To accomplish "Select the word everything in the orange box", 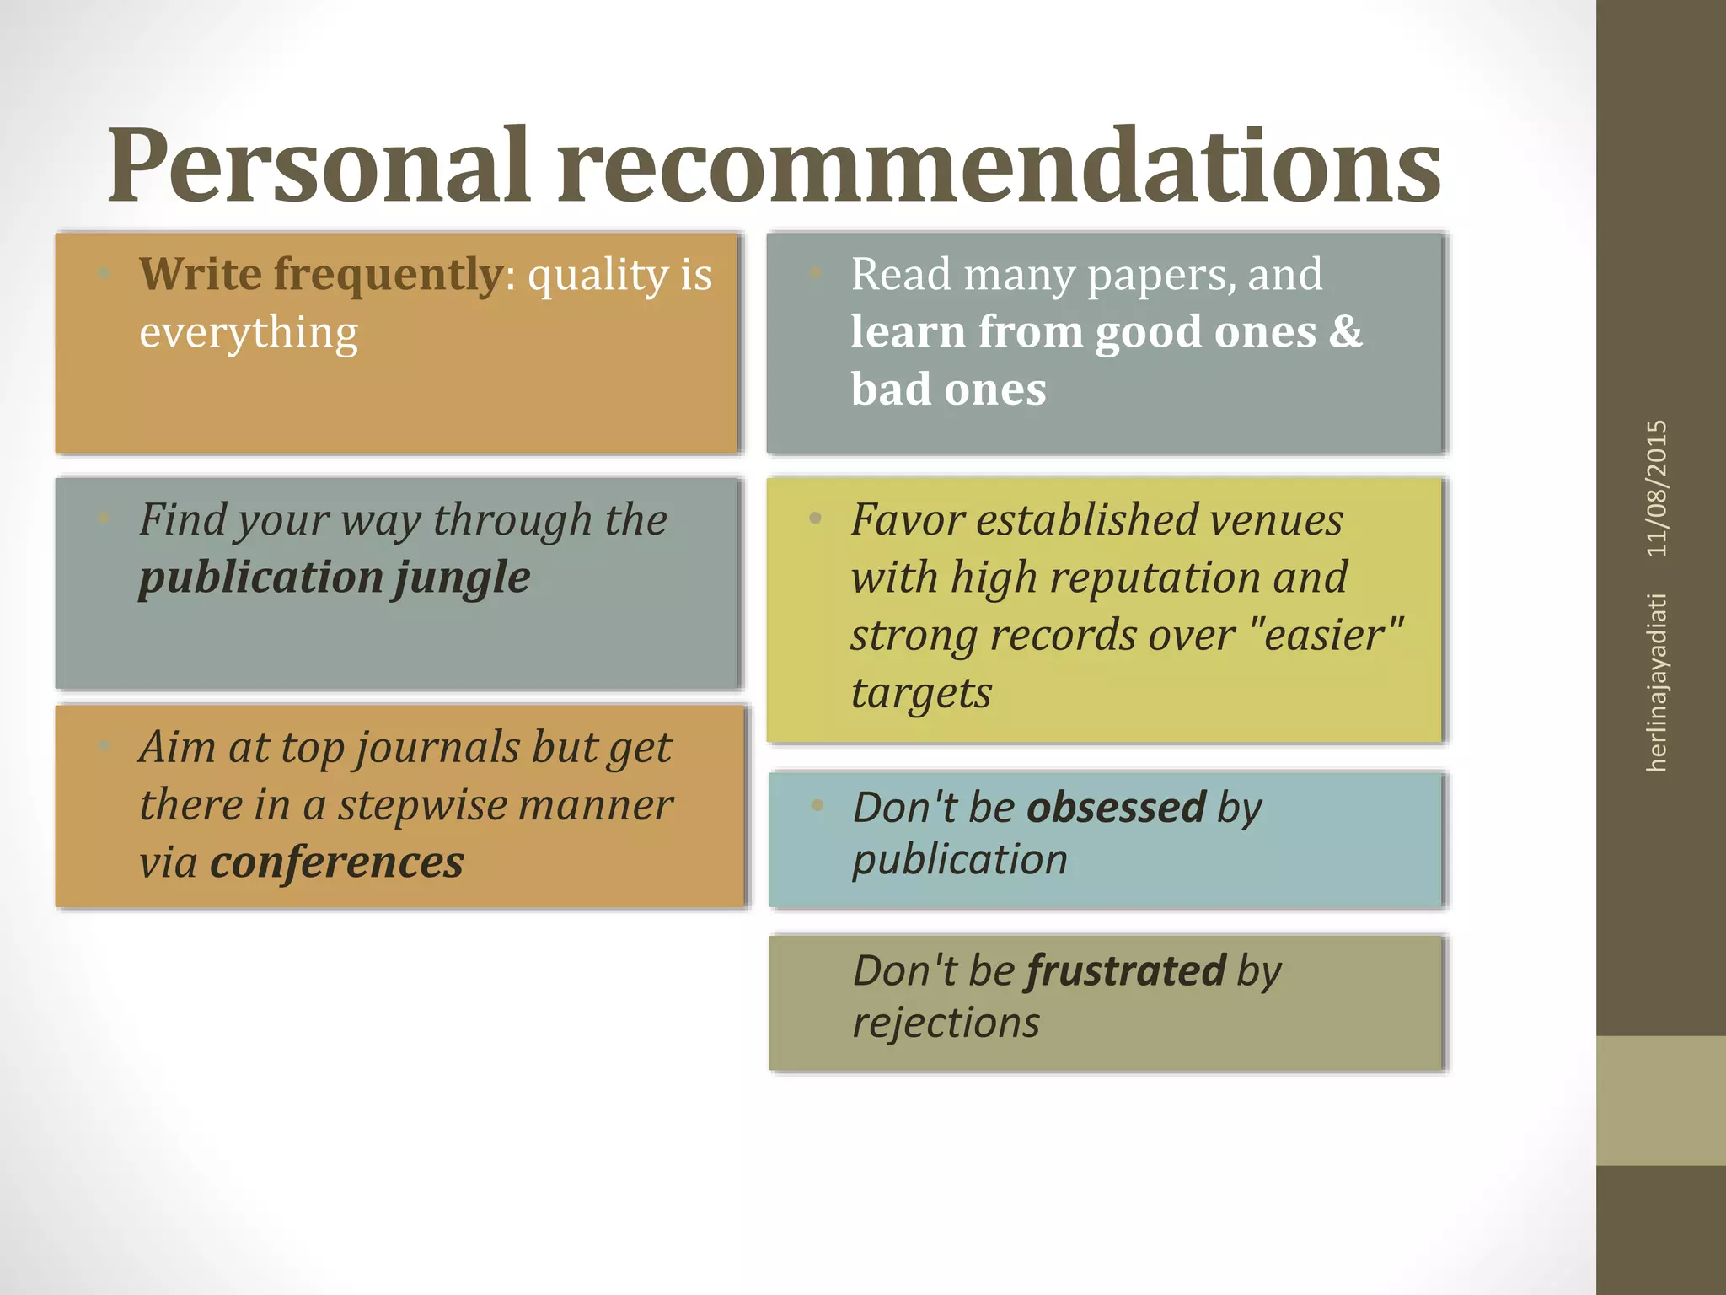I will [x=249, y=333].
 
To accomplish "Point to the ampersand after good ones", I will [x=1345, y=331].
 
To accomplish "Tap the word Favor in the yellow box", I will [x=907, y=519].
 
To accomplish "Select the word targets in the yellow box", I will [x=921, y=694].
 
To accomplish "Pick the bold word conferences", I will [x=337, y=862].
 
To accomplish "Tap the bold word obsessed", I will [x=1116, y=808].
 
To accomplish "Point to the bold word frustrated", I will [x=1126, y=970].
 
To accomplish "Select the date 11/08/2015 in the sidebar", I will [x=1657, y=488].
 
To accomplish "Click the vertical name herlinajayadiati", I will [x=1657, y=683].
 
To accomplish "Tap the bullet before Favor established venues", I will [x=815, y=519].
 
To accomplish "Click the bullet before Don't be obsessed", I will [x=817, y=805].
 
